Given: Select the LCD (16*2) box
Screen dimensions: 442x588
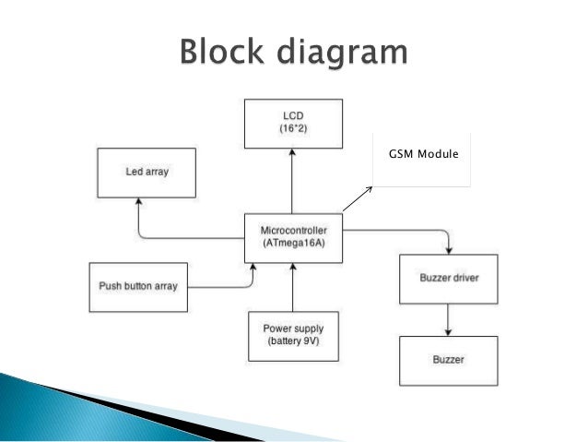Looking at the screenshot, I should (x=292, y=125).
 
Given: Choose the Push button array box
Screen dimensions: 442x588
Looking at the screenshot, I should (x=137, y=287).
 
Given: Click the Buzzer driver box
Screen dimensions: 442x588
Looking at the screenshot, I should (x=449, y=278).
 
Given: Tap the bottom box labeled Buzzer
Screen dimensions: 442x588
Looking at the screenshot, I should (x=449, y=359).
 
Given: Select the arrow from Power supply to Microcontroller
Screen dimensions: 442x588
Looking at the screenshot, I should (x=293, y=287).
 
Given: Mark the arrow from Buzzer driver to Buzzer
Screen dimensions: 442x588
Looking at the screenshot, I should (x=449, y=319).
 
